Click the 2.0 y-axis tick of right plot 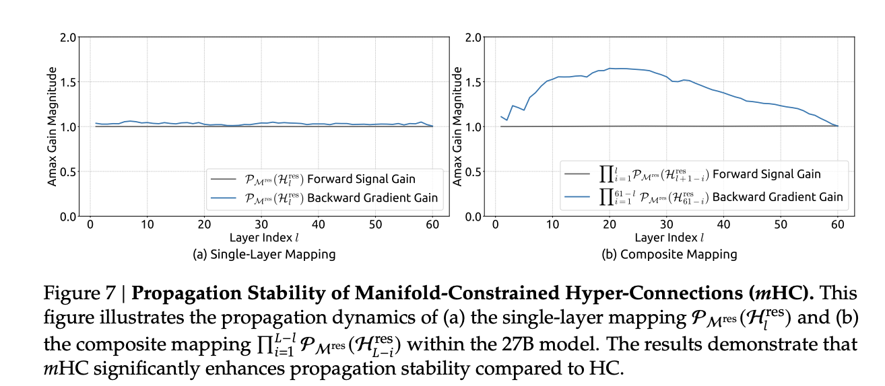[473, 37]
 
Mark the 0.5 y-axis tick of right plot [473, 171]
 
